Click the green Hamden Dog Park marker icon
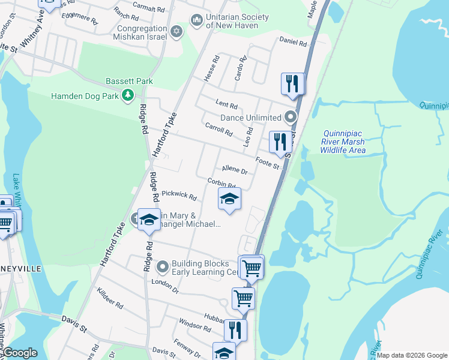click(127, 95)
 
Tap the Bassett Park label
click(129, 81)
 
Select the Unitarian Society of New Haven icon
click(197, 21)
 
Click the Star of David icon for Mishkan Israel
click(176, 31)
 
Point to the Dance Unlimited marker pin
click(291, 117)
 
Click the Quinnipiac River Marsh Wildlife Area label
click(343, 142)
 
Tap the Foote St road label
click(268, 162)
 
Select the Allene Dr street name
click(234, 170)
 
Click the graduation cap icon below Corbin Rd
click(229, 199)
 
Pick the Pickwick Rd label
click(179, 195)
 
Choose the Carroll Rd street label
click(218, 128)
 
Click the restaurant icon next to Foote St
click(280, 142)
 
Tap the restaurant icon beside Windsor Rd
click(235, 329)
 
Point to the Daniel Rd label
click(293, 43)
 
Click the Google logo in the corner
click(19, 353)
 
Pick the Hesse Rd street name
click(212, 69)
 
